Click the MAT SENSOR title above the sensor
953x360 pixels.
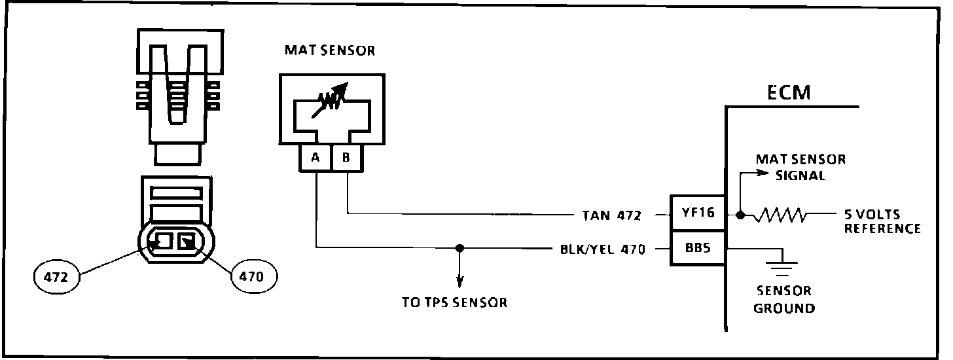(x=330, y=50)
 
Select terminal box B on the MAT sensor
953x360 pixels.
(x=347, y=159)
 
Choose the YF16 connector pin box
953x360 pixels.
(x=697, y=213)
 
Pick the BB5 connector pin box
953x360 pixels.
(x=697, y=248)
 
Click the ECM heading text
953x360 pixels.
(x=789, y=93)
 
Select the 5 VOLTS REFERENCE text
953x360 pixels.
(x=882, y=221)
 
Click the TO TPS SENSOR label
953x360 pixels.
(x=454, y=302)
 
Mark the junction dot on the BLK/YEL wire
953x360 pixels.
(x=459, y=248)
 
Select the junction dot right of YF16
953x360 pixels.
(x=740, y=214)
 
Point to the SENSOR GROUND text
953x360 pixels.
(x=783, y=300)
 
